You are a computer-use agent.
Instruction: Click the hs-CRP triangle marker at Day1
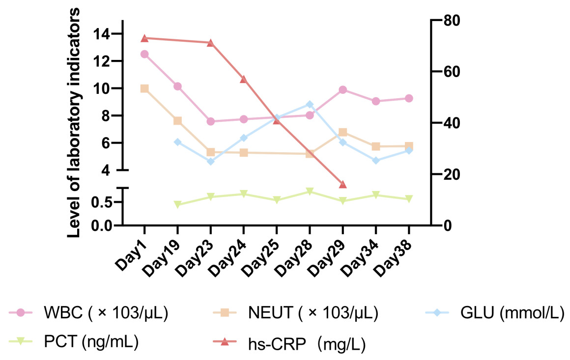point(144,38)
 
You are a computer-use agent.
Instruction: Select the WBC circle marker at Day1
point(144,54)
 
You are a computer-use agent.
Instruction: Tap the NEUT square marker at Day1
point(144,89)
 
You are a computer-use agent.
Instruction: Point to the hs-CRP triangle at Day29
point(343,184)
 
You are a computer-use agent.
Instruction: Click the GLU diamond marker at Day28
point(310,104)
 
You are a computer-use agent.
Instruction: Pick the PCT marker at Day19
point(177,204)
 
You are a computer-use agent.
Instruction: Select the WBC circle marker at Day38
point(409,98)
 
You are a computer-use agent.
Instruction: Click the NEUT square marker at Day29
point(343,132)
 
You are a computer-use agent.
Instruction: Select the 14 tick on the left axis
point(104,34)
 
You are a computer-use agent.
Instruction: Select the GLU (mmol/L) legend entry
point(506,313)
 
